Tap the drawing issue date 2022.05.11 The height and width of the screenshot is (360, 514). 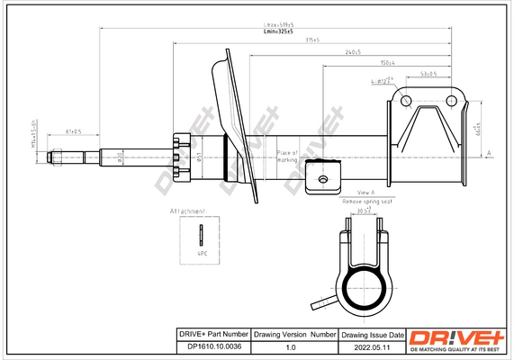click(x=372, y=346)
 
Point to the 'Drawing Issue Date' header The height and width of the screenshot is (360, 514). click(x=372, y=334)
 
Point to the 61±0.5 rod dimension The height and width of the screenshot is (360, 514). click(x=73, y=131)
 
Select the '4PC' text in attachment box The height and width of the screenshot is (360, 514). click(x=202, y=255)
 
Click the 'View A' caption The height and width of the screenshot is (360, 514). click(x=365, y=193)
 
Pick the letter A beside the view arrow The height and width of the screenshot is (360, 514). click(x=487, y=154)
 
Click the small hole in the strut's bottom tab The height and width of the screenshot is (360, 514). click(x=321, y=179)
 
